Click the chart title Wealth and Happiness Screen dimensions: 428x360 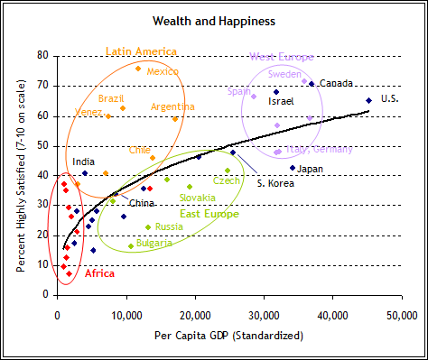point(214,22)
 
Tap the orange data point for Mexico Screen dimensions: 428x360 point(138,69)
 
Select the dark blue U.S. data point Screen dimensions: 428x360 point(368,100)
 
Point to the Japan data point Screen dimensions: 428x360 point(293,168)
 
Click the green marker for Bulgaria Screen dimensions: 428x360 point(131,246)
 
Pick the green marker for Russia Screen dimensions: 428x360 point(148,227)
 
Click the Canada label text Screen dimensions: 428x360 point(336,83)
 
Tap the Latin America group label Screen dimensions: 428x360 point(141,51)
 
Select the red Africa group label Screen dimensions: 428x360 point(99,273)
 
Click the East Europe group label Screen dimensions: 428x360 point(209,214)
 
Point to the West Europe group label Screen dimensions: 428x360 point(282,57)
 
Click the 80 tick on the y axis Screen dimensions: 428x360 point(42,55)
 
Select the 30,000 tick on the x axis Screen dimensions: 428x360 point(265,316)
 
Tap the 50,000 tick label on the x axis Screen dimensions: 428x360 point(402,316)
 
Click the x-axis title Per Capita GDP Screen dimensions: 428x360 point(228,336)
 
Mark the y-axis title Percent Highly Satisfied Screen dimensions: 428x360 point(21,176)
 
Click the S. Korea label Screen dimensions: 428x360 point(275,183)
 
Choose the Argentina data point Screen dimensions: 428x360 point(175,119)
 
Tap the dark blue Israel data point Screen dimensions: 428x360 point(276,92)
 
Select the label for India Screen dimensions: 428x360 point(84,162)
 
